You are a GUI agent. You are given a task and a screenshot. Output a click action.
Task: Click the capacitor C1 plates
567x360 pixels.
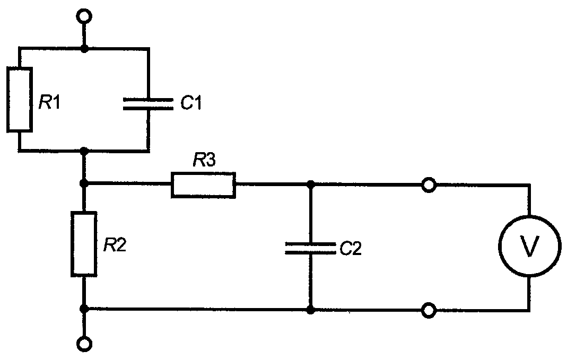(x=149, y=104)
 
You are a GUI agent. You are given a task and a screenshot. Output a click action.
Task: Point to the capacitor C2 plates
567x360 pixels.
(x=310, y=248)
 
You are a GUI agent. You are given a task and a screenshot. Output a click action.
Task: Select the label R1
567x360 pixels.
(x=50, y=103)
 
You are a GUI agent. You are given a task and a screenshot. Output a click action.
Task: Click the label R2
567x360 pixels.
(x=115, y=245)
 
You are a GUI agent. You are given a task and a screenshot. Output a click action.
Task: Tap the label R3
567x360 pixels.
(x=204, y=160)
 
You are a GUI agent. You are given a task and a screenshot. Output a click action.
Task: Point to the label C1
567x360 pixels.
(x=191, y=103)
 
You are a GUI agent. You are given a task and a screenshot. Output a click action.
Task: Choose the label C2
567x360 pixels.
(x=351, y=248)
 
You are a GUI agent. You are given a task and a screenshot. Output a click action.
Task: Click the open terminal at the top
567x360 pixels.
(x=85, y=16)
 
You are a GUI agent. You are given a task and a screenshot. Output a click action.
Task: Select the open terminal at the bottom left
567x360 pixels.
(x=85, y=344)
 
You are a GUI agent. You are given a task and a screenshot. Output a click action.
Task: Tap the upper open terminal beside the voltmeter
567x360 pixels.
(x=429, y=185)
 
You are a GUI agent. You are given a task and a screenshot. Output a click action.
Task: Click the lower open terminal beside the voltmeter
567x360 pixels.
(x=429, y=310)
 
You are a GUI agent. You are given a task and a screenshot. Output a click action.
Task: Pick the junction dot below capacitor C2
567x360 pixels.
(x=310, y=310)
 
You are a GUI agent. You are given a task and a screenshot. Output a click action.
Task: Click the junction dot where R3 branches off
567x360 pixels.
(x=84, y=184)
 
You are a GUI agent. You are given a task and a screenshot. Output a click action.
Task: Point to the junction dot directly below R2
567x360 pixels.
(x=84, y=309)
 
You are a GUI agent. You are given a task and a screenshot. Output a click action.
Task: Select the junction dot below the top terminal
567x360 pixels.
(x=84, y=48)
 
